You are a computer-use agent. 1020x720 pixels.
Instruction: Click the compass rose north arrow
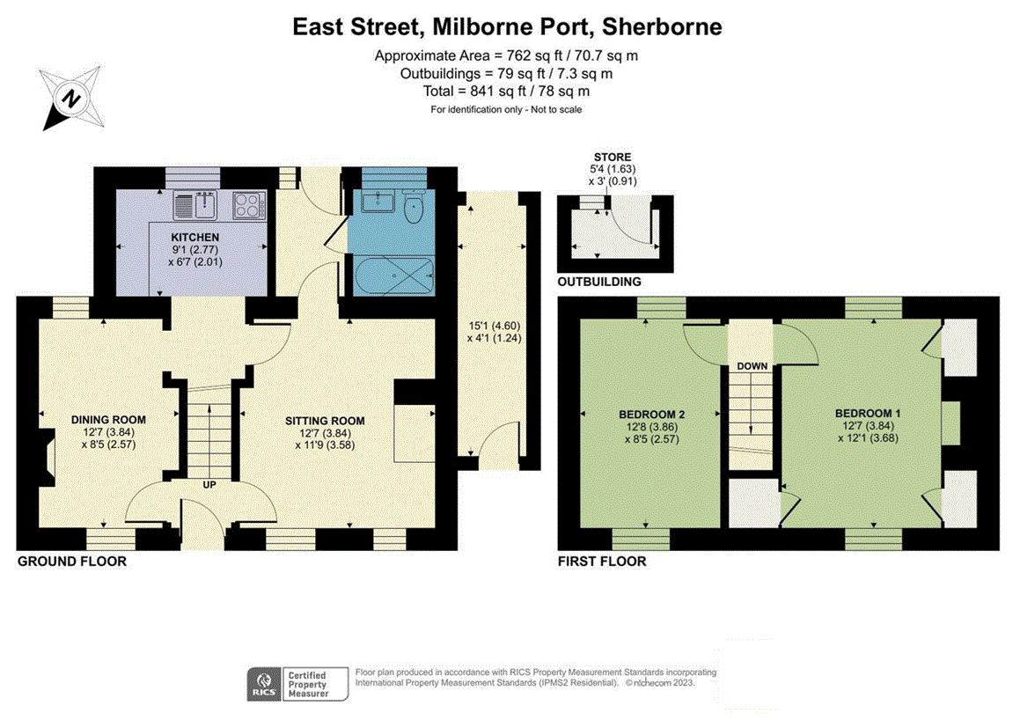[71, 99]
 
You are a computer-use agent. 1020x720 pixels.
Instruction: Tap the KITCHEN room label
[195, 238]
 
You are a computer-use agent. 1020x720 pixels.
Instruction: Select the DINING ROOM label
[108, 420]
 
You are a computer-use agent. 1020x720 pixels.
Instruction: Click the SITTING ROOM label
[325, 421]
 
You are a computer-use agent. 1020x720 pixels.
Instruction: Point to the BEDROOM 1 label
[868, 413]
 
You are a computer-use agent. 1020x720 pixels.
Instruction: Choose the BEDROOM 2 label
[651, 415]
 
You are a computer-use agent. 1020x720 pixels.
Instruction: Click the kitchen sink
[195, 205]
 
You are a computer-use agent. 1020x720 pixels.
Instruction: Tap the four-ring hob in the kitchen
[249, 205]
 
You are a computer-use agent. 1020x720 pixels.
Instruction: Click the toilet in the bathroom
[414, 206]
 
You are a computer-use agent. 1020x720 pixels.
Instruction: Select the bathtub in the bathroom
[393, 276]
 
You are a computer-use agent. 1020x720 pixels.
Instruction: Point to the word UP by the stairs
[209, 485]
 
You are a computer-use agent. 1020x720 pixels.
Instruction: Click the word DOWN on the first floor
[752, 366]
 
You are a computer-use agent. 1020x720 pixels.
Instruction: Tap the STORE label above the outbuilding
[613, 157]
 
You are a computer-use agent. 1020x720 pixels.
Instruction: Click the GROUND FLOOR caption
[72, 562]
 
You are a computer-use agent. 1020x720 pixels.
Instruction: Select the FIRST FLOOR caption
[602, 562]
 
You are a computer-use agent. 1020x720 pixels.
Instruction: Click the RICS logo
[264, 684]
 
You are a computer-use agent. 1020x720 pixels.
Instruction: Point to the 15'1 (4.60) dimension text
[495, 325]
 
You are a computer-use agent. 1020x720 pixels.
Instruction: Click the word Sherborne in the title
[662, 26]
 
